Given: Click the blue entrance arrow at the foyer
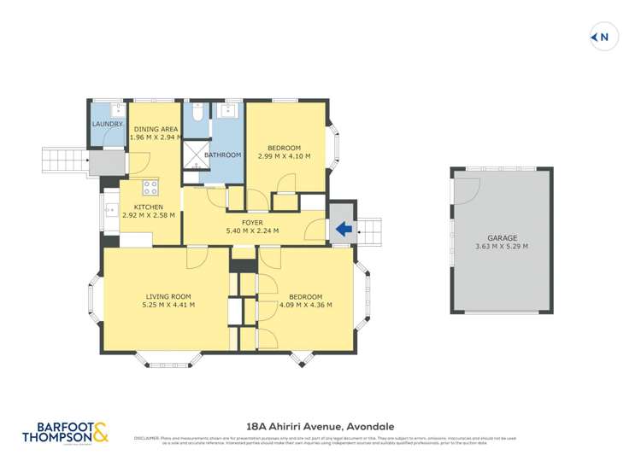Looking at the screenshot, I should [344, 229].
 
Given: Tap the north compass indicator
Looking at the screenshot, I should [603, 37].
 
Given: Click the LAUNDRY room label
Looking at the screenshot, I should [108, 125].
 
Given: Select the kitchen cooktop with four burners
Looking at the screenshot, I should [150, 187].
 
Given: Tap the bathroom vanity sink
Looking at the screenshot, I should [229, 111].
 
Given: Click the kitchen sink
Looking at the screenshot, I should [109, 207].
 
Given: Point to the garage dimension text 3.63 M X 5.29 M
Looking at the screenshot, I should [502, 247].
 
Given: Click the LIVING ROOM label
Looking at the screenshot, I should [168, 295].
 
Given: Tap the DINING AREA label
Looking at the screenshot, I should [155, 129].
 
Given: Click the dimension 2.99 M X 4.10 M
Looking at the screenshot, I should [285, 156].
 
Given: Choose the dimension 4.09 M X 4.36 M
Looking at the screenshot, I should [306, 305].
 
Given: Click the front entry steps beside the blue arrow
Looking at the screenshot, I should [372, 229].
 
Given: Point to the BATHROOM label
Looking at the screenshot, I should [222, 155].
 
